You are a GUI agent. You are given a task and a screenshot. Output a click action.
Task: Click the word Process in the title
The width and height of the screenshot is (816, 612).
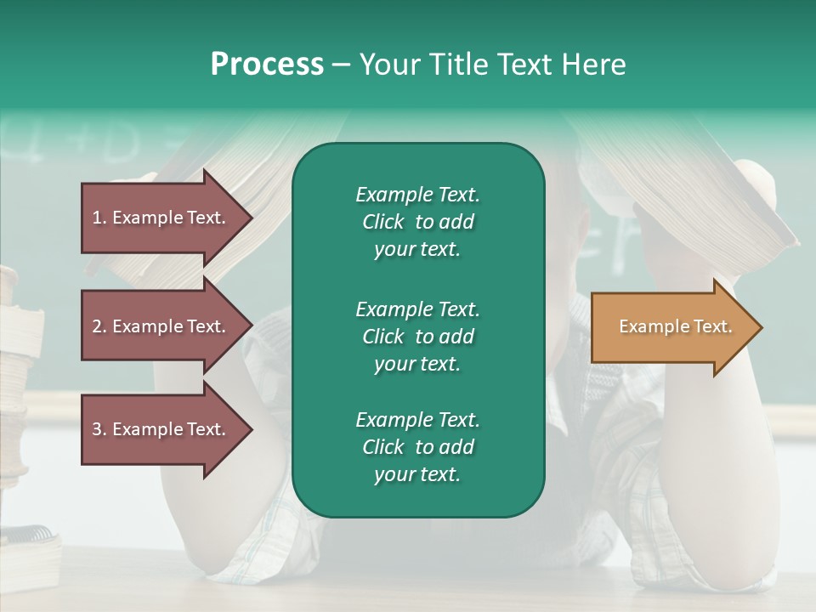tap(267, 65)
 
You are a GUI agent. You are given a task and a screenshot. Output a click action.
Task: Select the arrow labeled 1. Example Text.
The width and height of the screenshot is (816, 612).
tap(161, 218)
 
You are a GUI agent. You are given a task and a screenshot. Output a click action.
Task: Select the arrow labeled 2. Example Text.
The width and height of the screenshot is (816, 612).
tap(161, 326)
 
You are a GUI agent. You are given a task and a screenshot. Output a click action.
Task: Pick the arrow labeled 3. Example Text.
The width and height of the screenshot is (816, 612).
tap(161, 429)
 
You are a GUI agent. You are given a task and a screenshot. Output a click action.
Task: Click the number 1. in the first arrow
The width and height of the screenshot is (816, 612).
tap(99, 218)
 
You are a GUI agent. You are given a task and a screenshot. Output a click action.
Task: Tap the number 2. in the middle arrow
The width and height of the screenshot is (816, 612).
tap(99, 326)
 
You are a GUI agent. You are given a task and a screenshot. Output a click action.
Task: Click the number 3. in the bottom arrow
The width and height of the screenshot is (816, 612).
tap(99, 429)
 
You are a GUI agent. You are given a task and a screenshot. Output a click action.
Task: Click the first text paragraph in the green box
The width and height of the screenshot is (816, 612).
tap(417, 222)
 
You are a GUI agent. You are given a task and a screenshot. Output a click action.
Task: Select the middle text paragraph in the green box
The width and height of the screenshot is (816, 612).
tap(417, 336)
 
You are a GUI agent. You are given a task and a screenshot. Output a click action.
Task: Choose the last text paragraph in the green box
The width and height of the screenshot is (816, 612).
tap(417, 447)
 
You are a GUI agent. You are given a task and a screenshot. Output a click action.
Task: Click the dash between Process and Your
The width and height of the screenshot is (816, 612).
tap(341, 65)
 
